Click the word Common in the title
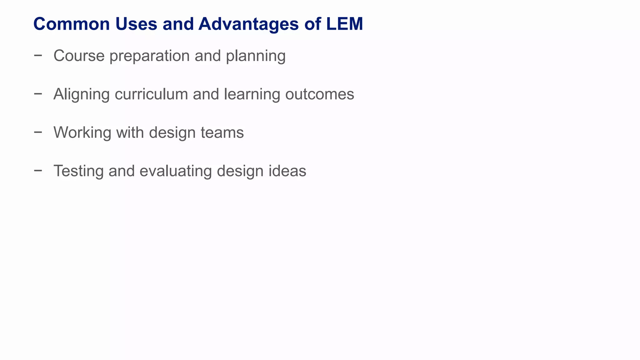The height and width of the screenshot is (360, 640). (x=72, y=24)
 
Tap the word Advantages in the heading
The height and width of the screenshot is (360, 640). (x=248, y=24)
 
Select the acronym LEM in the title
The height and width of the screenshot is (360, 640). (x=344, y=24)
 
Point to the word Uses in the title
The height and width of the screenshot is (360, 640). (x=136, y=24)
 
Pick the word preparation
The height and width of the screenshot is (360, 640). (x=149, y=56)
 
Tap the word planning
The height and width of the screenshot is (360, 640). (x=256, y=56)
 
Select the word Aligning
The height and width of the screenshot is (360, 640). (x=82, y=94)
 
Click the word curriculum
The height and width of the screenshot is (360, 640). (x=151, y=94)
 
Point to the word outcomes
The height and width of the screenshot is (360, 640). (x=320, y=94)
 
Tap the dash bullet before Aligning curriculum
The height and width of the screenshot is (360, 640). (x=38, y=94)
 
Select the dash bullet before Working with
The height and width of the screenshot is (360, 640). (x=38, y=132)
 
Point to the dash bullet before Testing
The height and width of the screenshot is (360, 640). (x=38, y=171)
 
